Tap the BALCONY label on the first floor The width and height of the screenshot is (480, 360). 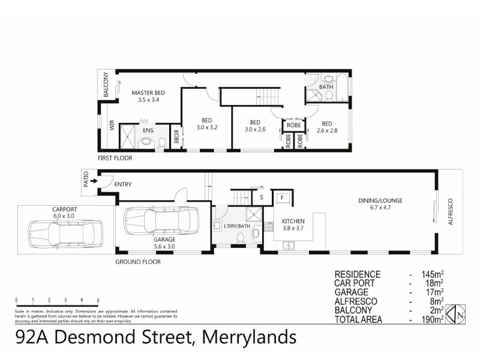click(106, 85)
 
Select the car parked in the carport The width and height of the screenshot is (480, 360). click(65, 230)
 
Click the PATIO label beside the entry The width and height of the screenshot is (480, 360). click(86, 181)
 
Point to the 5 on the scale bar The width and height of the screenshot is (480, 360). click(98, 299)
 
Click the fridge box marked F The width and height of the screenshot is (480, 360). click(281, 196)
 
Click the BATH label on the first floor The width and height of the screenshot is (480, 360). click(326, 87)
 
